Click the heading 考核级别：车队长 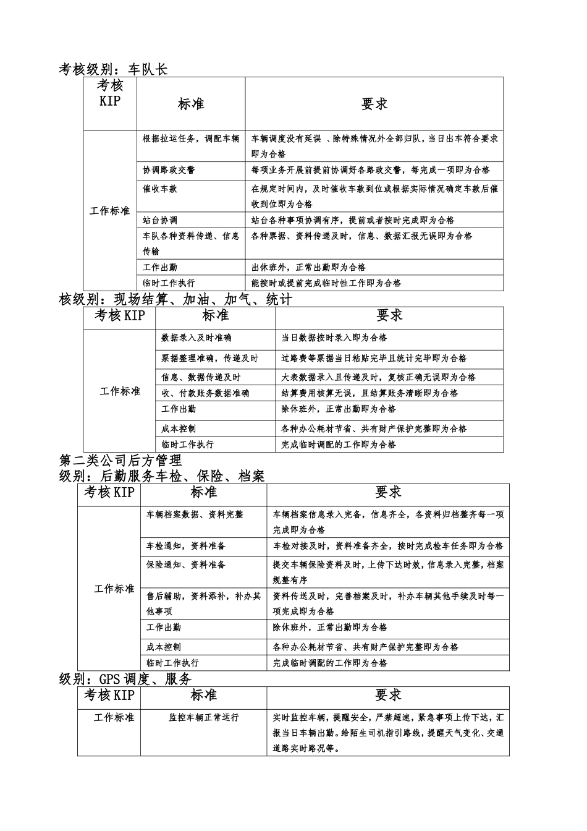pos(113,69)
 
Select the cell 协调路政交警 pos(169,170)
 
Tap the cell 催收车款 pos(160,189)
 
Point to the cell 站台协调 pos(160,220)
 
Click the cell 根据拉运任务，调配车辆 pos(190,138)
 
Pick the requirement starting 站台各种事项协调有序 pos(352,220)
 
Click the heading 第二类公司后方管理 pos(120,460)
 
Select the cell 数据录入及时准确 pos(196,338)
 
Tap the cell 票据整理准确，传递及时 pos(209,358)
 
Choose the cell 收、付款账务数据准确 pos(205,393)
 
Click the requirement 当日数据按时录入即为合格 pos(334,338)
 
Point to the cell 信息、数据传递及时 pos(201,377)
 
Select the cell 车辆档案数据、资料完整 pos(195,514)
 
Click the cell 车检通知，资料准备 pos(186,546)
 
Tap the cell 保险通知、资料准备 pos(186,565)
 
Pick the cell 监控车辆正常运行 pos(203,718)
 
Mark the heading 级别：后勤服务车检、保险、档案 pos(161,476)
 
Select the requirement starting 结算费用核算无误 pos(370,393)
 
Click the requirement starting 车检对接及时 pos(388,546)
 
